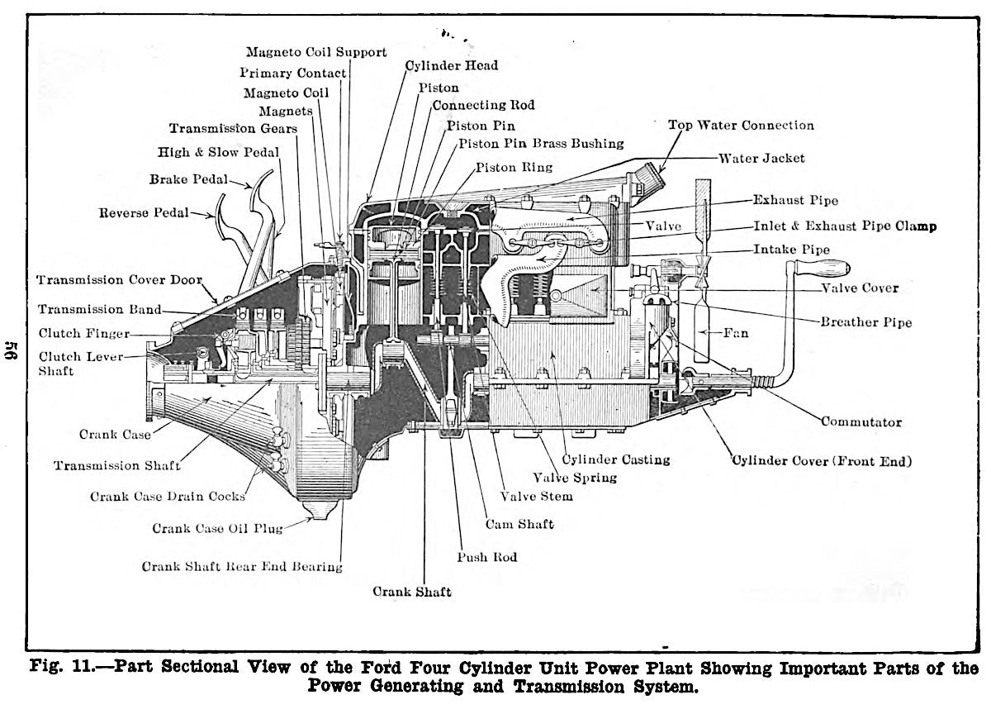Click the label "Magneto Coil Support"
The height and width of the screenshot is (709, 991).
316,52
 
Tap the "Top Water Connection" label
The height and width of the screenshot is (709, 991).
741,126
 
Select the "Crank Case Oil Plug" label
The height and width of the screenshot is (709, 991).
217,528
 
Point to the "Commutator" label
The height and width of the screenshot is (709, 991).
861,421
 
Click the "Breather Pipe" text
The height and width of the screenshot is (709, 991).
866,322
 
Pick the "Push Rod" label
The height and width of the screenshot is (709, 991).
487,557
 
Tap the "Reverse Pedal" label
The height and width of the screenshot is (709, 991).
144,213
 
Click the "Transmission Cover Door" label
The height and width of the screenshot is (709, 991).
120,279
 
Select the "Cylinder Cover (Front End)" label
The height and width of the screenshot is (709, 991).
822,461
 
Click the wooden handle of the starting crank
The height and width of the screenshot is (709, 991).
822,267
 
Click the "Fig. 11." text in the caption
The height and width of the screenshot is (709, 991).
62,667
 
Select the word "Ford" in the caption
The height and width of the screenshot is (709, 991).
383,667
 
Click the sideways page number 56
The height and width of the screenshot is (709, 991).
12,350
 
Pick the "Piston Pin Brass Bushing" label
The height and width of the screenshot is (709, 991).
541,144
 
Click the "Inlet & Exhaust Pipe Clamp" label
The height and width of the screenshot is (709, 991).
845,226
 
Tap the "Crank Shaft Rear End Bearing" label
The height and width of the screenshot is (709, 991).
242,567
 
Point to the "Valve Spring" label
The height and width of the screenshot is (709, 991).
575,478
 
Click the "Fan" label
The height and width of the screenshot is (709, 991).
736,333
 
